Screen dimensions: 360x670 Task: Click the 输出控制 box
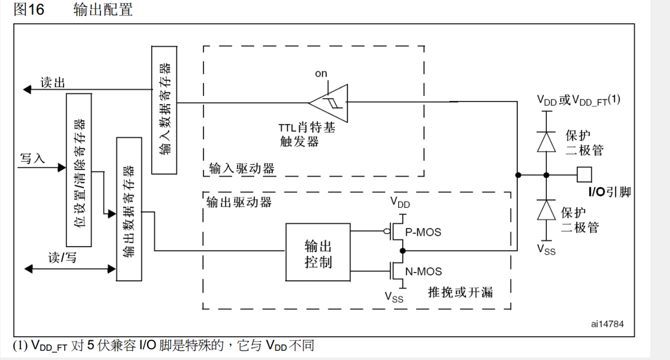tap(318, 252)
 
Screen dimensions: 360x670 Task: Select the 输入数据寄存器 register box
tap(164, 109)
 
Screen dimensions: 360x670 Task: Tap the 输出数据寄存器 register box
tap(129, 208)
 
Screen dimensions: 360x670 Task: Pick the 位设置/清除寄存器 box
tap(79, 169)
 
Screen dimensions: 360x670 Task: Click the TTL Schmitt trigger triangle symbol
tap(330, 103)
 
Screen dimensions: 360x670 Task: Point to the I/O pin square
tap(585, 175)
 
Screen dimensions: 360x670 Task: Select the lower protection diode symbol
tap(546, 210)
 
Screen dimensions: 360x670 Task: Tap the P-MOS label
tap(423, 232)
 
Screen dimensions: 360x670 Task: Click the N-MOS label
tap(423, 272)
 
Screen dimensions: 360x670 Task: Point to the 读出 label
tap(53, 83)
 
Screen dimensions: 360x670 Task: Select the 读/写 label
tap(62, 258)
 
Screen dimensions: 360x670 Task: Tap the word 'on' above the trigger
tap(321, 74)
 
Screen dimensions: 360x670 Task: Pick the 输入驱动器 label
tap(242, 168)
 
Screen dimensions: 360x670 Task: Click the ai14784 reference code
tap(607, 323)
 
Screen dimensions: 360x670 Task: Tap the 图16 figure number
tap(29, 10)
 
